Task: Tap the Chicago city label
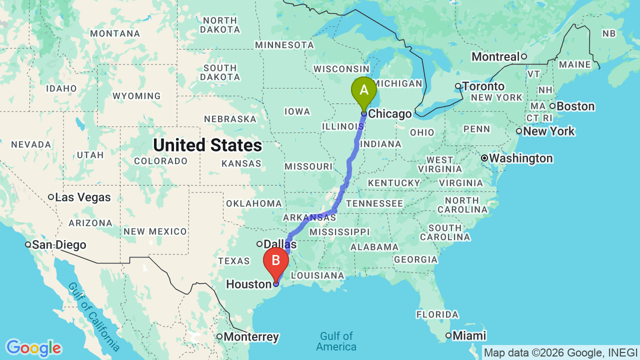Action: point(389,114)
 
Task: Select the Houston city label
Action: point(248,284)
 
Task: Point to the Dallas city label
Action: point(280,244)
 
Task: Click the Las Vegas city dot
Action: point(51,197)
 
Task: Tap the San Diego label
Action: point(58,245)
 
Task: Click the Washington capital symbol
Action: point(484,158)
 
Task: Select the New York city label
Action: point(548,131)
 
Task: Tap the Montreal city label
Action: point(495,56)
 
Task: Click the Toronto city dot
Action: point(457,86)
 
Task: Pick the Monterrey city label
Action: point(251,336)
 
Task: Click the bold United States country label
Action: point(207,145)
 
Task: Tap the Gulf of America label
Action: point(336,341)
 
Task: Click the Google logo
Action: point(33,348)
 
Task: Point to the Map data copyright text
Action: point(560,352)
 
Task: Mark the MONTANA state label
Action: point(115,33)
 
